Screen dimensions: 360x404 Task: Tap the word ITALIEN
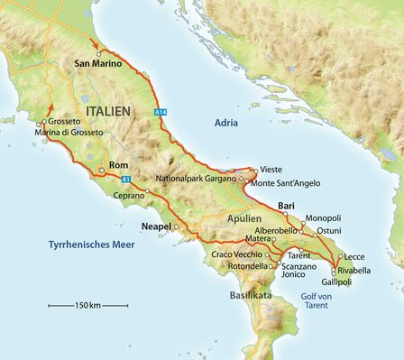click(x=107, y=110)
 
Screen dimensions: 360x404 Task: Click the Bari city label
click(x=287, y=206)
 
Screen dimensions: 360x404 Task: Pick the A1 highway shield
click(x=125, y=180)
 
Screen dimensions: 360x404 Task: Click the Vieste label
click(x=271, y=170)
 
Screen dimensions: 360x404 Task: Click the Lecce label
click(x=353, y=256)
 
